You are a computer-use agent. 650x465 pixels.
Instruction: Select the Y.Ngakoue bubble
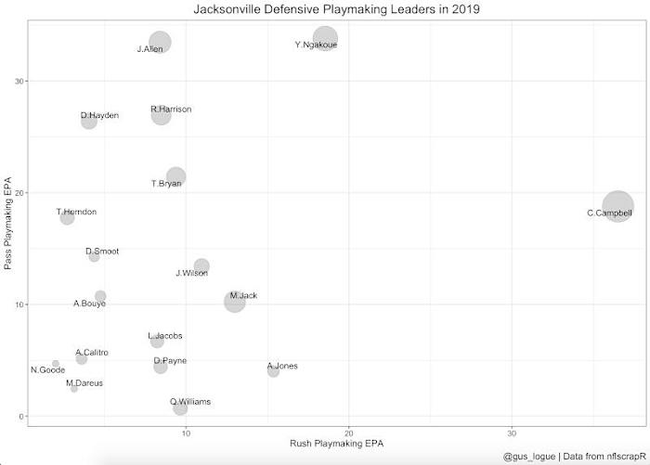click(325, 39)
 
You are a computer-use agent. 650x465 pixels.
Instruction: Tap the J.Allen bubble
click(160, 43)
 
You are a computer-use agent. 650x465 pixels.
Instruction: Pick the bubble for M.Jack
click(235, 301)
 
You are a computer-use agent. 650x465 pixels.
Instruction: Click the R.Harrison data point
click(161, 115)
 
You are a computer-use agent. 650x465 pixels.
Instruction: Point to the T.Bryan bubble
click(175, 176)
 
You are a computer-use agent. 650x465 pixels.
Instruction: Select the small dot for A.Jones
click(273, 371)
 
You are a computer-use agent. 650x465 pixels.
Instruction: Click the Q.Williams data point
click(180, 408)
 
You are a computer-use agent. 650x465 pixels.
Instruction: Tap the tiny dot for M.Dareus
click(74, 388)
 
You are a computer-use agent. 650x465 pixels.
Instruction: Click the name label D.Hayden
click(99, 115)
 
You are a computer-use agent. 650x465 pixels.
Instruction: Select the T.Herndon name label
click(76, 212)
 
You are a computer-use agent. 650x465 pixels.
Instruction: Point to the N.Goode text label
click(47, 370)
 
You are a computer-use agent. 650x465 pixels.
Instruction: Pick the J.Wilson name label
click(191, 274)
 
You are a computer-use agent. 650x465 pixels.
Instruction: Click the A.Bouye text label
click(89, 304)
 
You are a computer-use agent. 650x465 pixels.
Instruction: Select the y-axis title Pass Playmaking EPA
click(8, 222)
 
